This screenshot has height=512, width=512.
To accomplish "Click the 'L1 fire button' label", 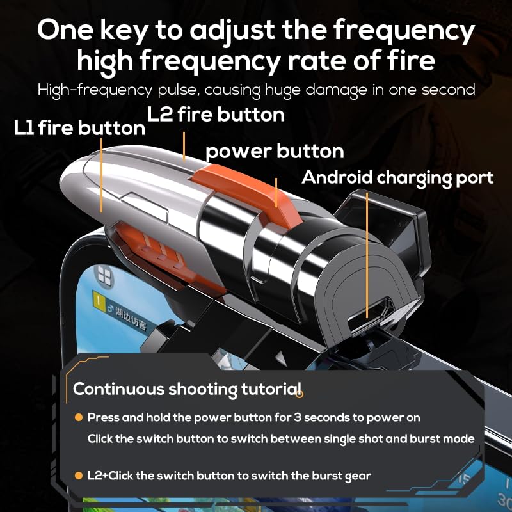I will (79, 128).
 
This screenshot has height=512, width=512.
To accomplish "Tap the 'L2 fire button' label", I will (216, 115).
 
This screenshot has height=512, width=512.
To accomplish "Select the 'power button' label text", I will (275, 152).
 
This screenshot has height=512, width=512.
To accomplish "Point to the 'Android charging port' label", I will (397, 177).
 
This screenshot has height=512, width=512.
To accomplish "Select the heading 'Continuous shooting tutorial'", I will (187, 388).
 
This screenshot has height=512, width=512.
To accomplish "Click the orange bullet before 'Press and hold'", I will (78, 417).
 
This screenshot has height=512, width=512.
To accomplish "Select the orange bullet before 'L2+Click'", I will (78, 476).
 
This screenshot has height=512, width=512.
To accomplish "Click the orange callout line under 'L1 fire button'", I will (102, 176).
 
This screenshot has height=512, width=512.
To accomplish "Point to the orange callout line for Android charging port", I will (367, 256).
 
